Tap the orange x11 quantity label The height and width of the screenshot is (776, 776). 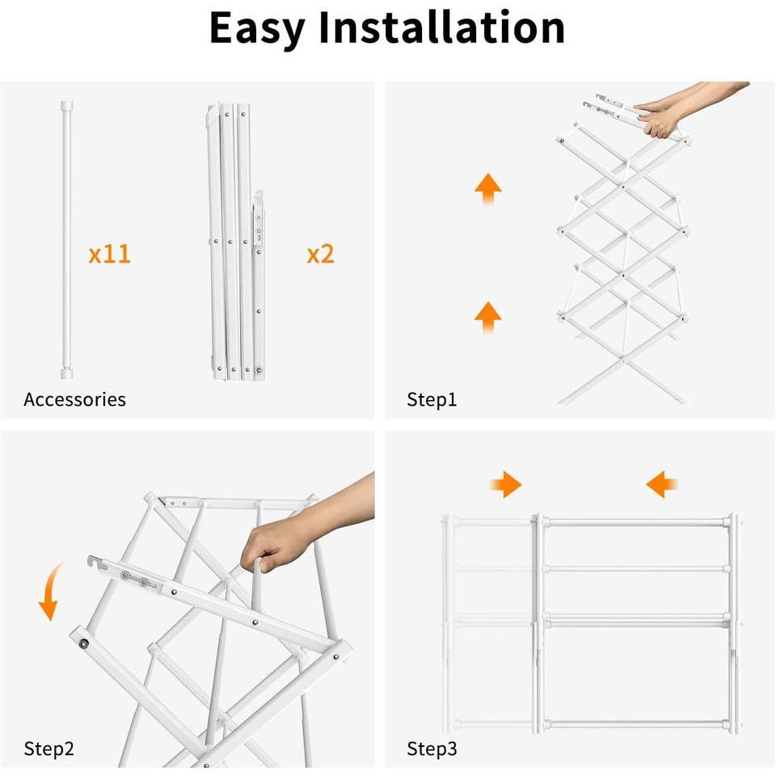click(x=109, y=254)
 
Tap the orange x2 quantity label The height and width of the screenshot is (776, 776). click(x=321, y=254)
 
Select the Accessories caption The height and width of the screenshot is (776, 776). click(x=74, y=399)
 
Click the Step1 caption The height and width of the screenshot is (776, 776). click(x=432, y=399)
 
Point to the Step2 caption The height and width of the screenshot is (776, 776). click(x=49, y=749)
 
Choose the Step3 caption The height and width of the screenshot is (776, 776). click(x=432, y=749)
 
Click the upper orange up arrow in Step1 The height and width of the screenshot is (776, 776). click(x=488, y=188)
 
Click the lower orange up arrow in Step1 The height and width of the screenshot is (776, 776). click(x=488, y=317)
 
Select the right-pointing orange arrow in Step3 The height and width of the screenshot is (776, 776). click(x=506, y=484)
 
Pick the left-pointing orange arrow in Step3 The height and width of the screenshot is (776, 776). click(x=662, y=484)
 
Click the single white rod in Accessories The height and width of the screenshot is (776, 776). click(x=67, y=240)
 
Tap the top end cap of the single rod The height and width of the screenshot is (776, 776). click(x=67, y=106)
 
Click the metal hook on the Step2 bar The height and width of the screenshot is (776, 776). click(x=97, y=563)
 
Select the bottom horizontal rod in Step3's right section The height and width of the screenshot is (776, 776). click(x=638, y=725)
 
